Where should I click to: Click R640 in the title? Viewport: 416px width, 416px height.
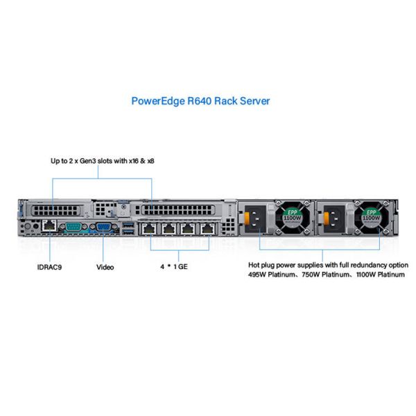click(197, 101)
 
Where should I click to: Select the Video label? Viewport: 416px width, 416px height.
click(105, 266)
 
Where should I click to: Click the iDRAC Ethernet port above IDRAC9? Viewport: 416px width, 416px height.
click(50, 226)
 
